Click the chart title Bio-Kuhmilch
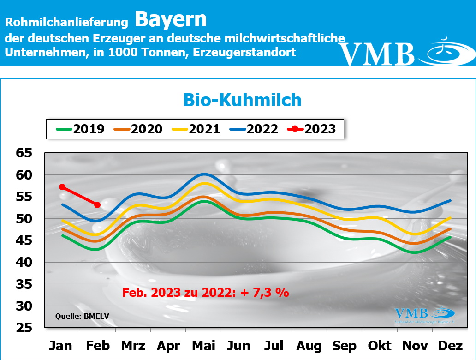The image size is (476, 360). coord(242,100)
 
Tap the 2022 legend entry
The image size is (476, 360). coord(254,129)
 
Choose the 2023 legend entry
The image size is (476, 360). coord(311,129)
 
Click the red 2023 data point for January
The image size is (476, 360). coord(62,187)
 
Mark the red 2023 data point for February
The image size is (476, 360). coord(97,204)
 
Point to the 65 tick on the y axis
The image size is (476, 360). coord(26,153)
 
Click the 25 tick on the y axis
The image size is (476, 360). coord(26,328)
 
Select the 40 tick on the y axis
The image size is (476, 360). coord(26,263)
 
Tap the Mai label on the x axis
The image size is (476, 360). coord(203,346)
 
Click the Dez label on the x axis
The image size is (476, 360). coord(451,346)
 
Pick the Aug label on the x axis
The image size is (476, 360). coord(309,346)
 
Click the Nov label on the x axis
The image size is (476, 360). coord(416,346)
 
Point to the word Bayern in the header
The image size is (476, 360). coord(171,20)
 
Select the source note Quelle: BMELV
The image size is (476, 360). coord(83,317)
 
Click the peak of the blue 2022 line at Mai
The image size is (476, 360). coord(203,174)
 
